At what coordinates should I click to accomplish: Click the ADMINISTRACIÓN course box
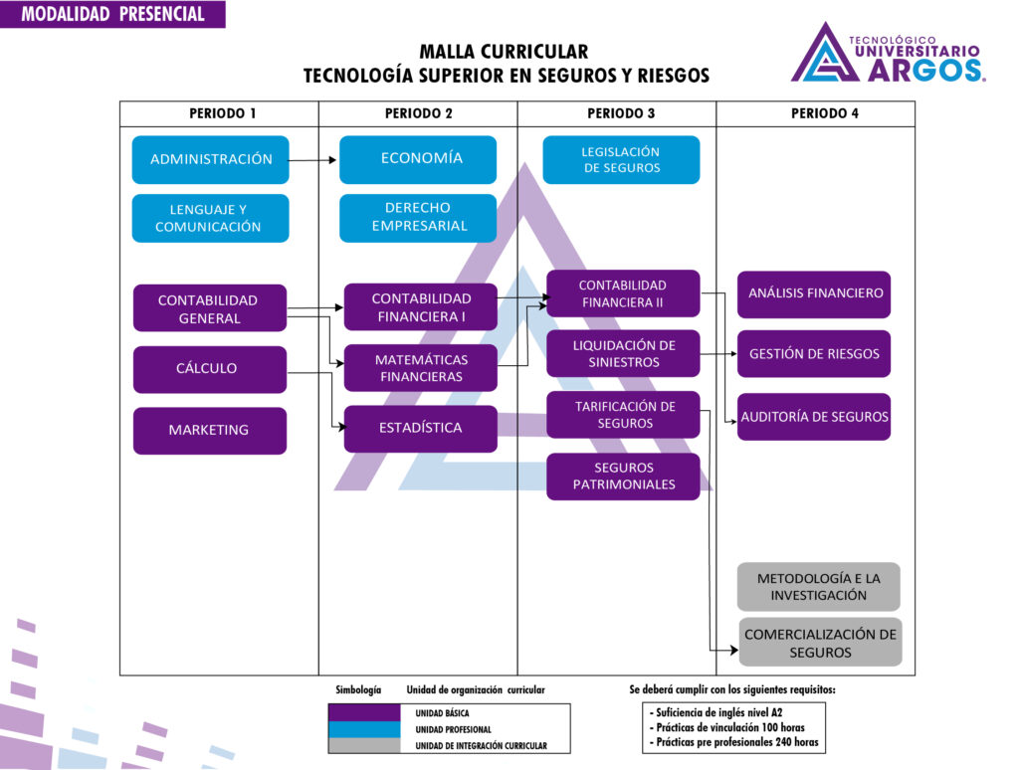click(x=210, y=159)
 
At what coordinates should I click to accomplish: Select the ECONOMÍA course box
click(x=418, y=159)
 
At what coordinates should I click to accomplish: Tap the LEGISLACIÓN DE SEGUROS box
click(x=621, y=160)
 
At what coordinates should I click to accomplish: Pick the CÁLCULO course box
click(x=210, y=369)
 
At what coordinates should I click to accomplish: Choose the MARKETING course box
click(x=210, y=431)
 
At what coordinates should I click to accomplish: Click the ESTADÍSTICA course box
click(x=420, y=429)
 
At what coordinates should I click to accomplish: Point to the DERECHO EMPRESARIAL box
click(x=418, y=218)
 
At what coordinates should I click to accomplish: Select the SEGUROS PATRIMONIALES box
click(x=623, y=477)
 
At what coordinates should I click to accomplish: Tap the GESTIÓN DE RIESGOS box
click(x=814, y=354)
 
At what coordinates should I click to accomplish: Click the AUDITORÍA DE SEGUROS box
click(x=814, y=417)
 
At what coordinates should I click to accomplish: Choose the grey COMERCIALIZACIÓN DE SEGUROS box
click(x=820, y=643)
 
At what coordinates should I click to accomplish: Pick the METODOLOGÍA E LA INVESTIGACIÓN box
click(x=818, y=587)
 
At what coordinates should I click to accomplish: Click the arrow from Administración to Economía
click(x=314, y=159)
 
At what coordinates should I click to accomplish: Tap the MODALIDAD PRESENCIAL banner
click(x=112, y=14)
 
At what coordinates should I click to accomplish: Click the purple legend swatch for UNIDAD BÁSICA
click(x=364, y=713)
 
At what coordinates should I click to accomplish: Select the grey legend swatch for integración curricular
click(x=364, y=745)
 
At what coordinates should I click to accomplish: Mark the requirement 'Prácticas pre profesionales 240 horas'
click(x=736, y=742)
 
